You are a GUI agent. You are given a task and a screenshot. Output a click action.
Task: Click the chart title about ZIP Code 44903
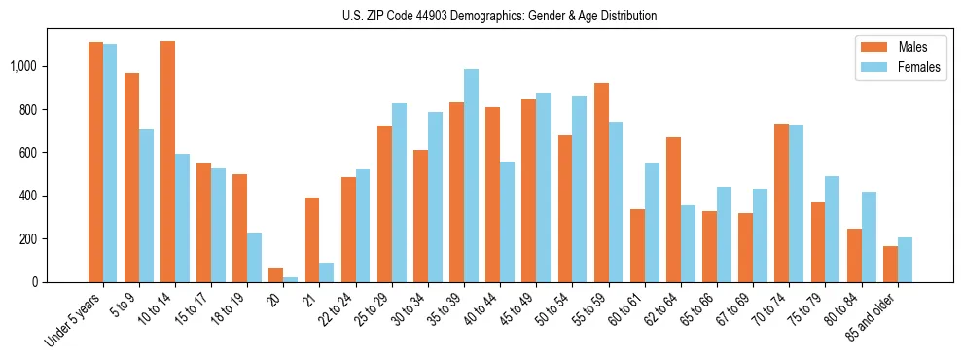pyautogui.click(x=499, y=16)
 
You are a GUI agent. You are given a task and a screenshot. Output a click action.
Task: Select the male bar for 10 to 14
pyautogui.click(x=167, y=162)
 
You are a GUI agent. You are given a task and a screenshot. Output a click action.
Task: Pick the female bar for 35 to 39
pyautogui.click(x=471, y=175)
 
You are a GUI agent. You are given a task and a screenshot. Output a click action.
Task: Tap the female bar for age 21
pyautogui.click(x=327, y=272)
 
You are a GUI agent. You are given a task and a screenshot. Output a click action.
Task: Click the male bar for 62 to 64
pyautogui.click(x=673, y=210)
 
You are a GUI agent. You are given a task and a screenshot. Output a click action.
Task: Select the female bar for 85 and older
pyautogui.click(x=905, y=260)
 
